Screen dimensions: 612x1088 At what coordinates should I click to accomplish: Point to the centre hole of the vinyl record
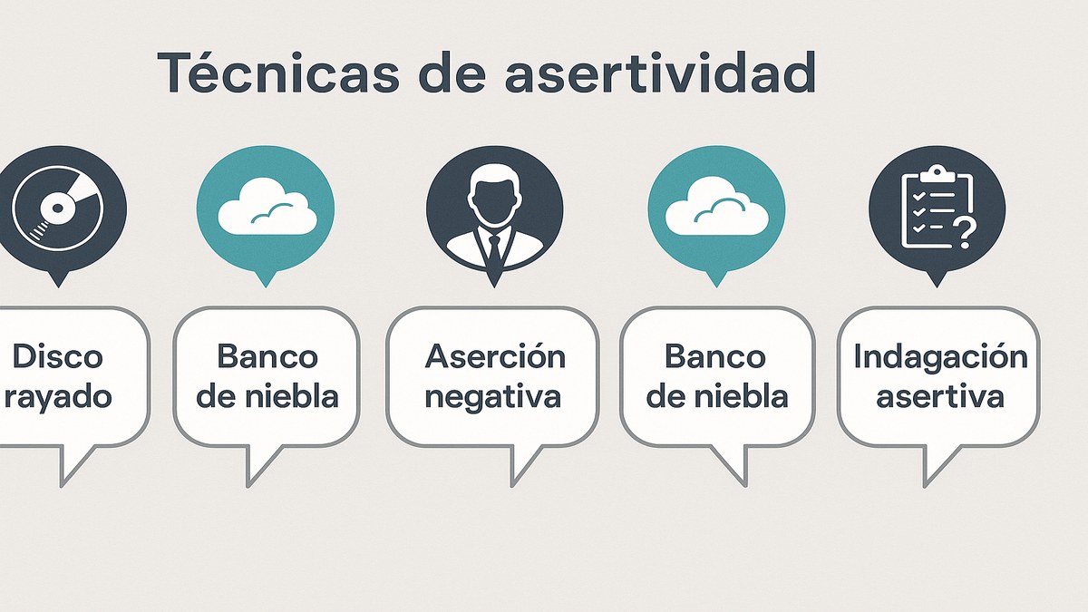point(56,209)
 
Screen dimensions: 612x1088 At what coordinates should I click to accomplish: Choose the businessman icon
point(494,214)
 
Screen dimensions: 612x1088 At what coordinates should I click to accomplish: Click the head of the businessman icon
point(494,196)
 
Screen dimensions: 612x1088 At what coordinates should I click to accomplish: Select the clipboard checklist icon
point(936,210)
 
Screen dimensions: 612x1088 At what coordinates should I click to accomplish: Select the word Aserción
point(494,356)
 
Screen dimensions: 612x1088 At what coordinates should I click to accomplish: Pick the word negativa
point(493,396)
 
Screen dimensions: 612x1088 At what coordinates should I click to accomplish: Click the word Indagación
point(941,356)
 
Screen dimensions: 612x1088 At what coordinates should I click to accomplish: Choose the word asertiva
point(940,396)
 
